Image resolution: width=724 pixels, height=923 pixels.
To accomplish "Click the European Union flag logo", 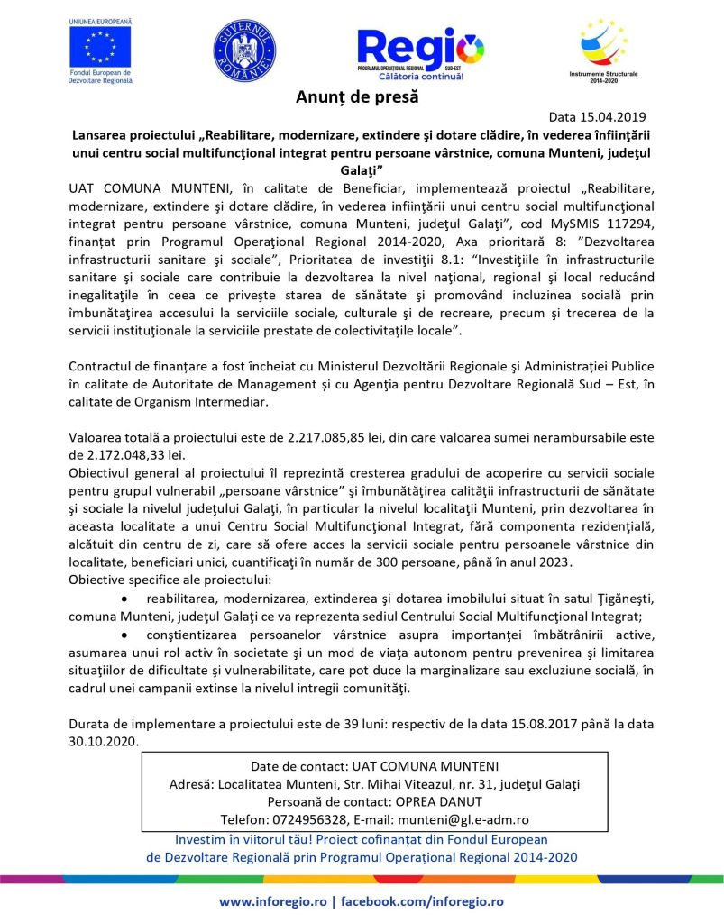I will click(x=100, y=46).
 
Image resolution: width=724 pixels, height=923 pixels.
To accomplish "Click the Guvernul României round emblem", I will click(x=244, y=50).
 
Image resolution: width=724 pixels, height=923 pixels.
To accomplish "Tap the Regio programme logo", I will click(x=420, y=50).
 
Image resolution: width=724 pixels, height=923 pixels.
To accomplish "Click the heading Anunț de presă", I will click(x=357, y=97).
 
